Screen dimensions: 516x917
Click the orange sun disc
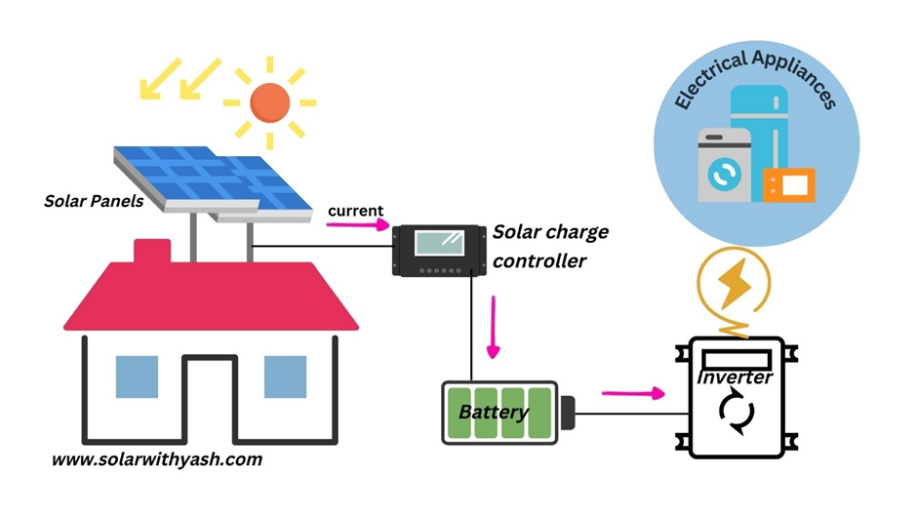pyautogui.click(x=270, y=101)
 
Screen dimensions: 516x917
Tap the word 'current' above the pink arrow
pyautogui.click(x=355, y=211)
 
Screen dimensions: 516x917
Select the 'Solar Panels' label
pyautogui.click(x=94, y=202)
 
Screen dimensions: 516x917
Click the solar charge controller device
pyautogui.click(x=438, y=250)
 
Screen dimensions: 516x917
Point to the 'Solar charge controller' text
pyautogui.click(x=549, y=246)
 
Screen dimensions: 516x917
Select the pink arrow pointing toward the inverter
pyautogui.click(x=633, y=393)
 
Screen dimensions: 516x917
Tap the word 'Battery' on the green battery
pyautogui.click(x=494, y=412)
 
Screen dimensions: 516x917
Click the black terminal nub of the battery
pyautogui.click(x=567, y=413)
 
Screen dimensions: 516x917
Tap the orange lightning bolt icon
pyautogui.click(x=732, y=283)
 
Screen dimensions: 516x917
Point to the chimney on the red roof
pyautogui.click(x=151, y=252)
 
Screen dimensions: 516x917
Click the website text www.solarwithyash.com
pyautogui.click(x=157, y=458)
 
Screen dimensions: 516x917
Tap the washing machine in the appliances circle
pyautogui.click(x=724, y=167)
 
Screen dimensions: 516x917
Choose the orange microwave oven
pyautogui.click(x=788, y=183)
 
